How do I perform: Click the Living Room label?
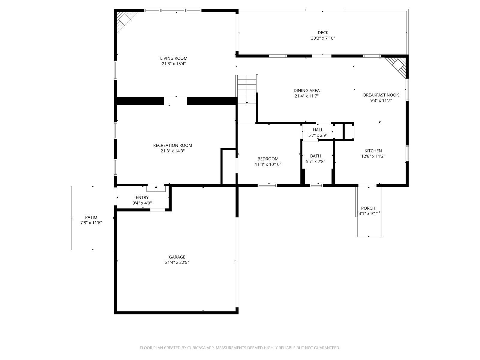pyautogui.click(x=173, y=58)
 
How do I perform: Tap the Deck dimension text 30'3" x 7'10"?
pyautogui.click(x=323, y=38)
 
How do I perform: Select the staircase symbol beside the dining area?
pyautogui.click(x=247, y=89)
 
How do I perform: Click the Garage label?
pyautogui.click(x=177, y=257)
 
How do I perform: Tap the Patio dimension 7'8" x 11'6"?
pyautogui.click(x=91, y=223)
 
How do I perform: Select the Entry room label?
pyautogui.click(x=142, y=197)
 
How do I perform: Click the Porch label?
pyautogui.click(x=368, y=208)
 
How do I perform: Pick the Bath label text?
pyautogui.click(x=315, y=156)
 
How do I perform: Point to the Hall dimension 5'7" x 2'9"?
pyautogui.click(x=318, y=135)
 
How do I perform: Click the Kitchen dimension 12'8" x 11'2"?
pyautogui.click(x=373, y=156)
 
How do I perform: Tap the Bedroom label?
pyautogui.click(x=268, y=159)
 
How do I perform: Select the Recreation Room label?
pyautogui.click(x=172, y=145)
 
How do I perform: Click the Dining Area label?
pyautogui.click(x=306, y=91)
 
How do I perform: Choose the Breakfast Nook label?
pyautogui.click(x=381, y=95)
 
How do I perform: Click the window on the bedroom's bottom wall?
pyautogui.click(x=267, y=185)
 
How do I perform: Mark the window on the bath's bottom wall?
pyautogui.click(x=316, y=185)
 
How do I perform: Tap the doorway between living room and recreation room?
pyautogui.click(x=175, y=101)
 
